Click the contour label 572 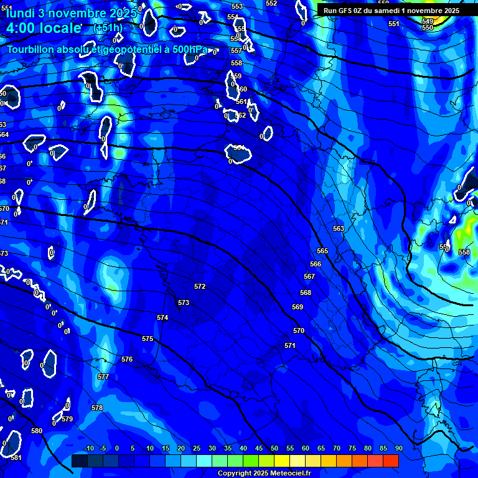click(x=200, y=287)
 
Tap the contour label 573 click(x=184, y=303)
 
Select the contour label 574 click(x=162, y=318)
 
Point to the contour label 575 click(x=148, y=339)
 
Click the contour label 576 click(x=127, y=360)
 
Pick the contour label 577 click(x=103, y=377)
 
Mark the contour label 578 click(x=97, y=408)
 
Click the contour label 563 click(x=339, y=229)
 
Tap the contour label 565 click(x=322, y=251)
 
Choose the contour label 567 click(x=309, y=277)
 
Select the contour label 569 click(x=298, y=307)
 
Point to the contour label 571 click(x=290, y=346)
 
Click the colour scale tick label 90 click(x=398, y=449)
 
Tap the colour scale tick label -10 click(x=88, y=449)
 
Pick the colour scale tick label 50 click(x=274, y=449)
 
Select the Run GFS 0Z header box click(x=391, y=11)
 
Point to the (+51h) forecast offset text click(x=107, y=28)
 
